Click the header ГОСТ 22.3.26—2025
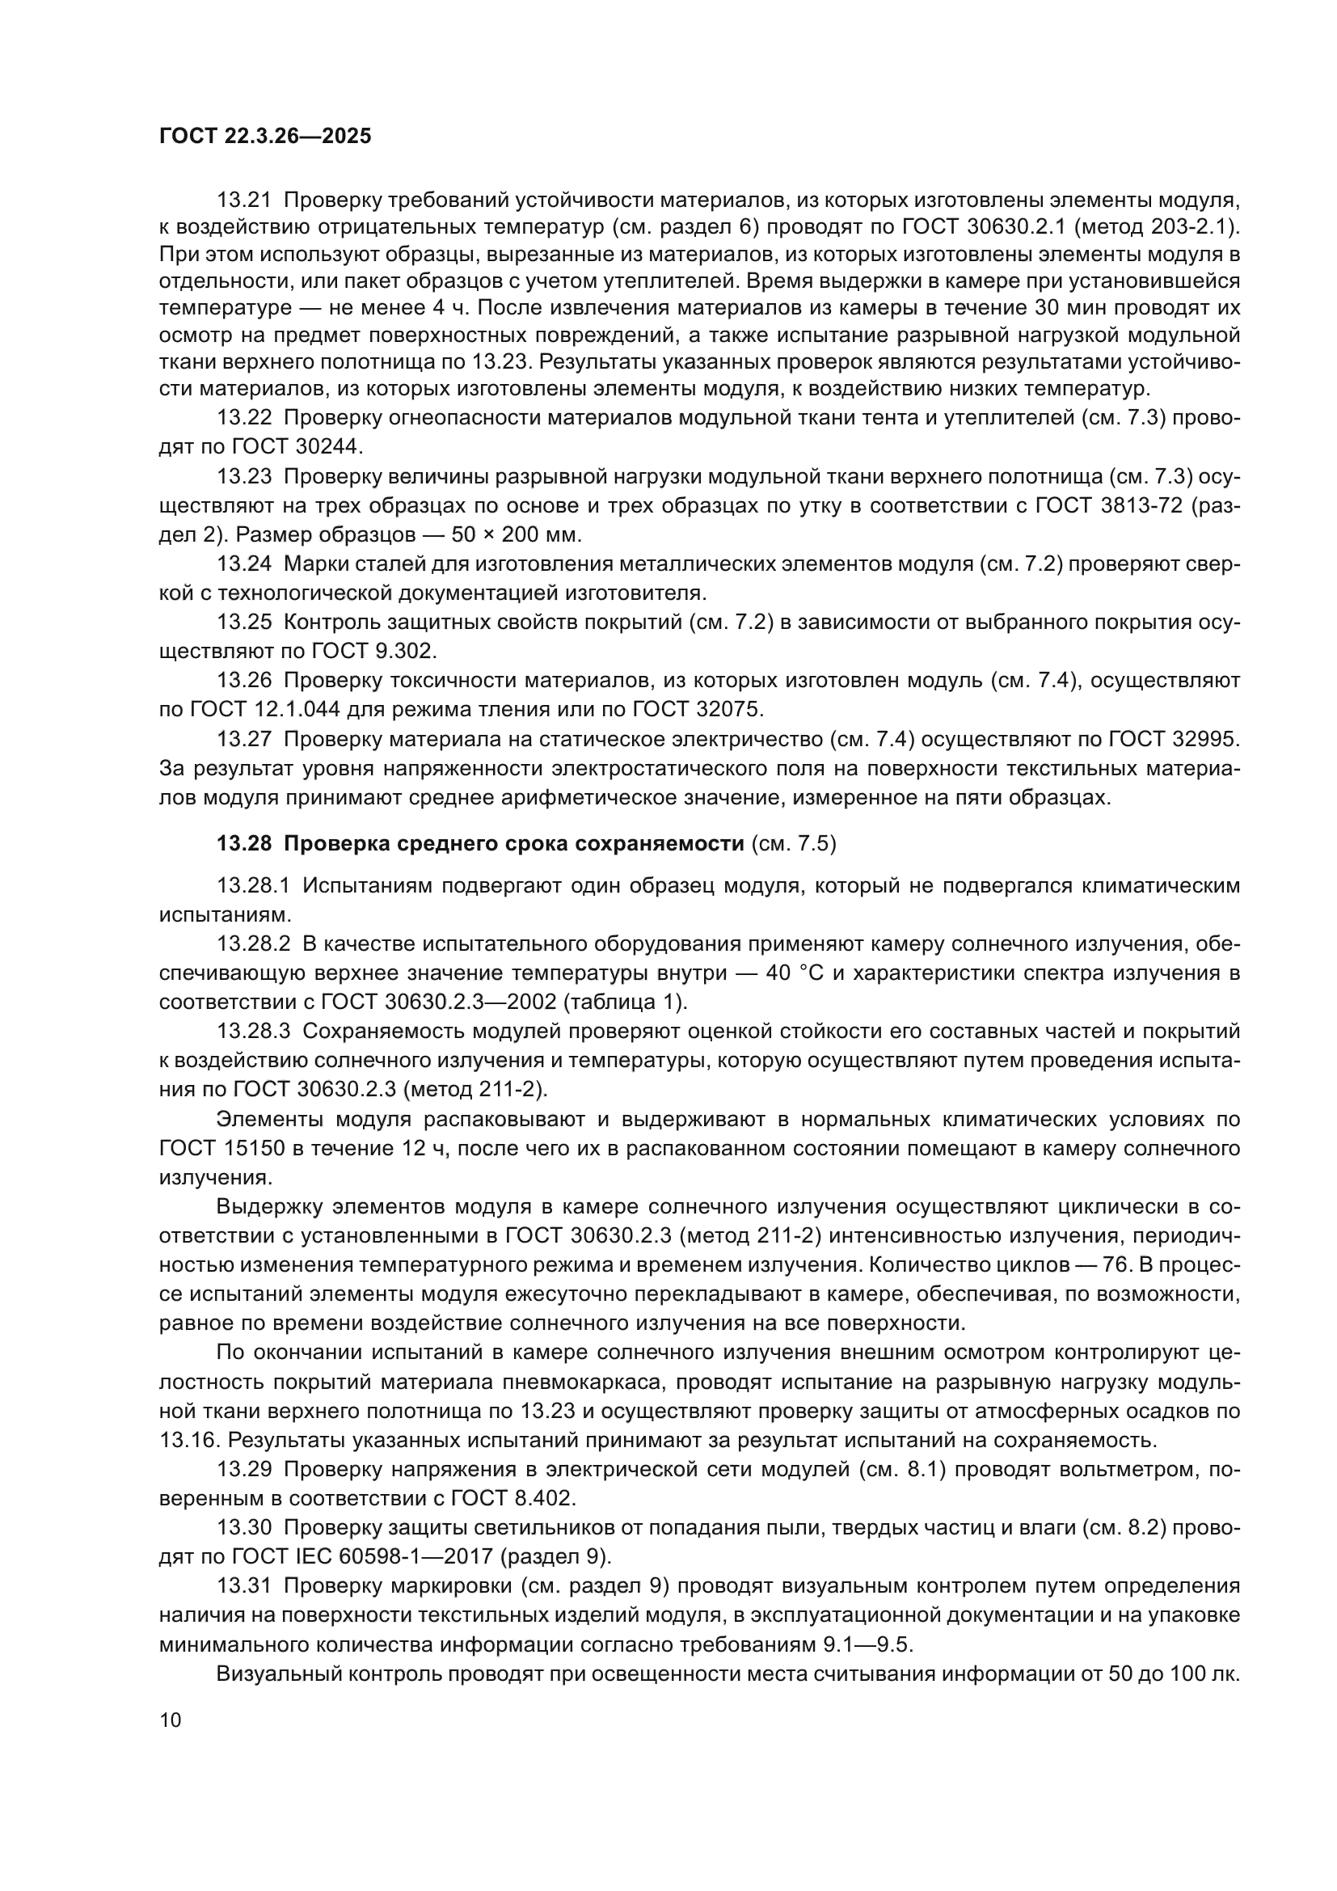(x=265, y=136)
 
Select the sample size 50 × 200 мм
(x=517, y=534)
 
